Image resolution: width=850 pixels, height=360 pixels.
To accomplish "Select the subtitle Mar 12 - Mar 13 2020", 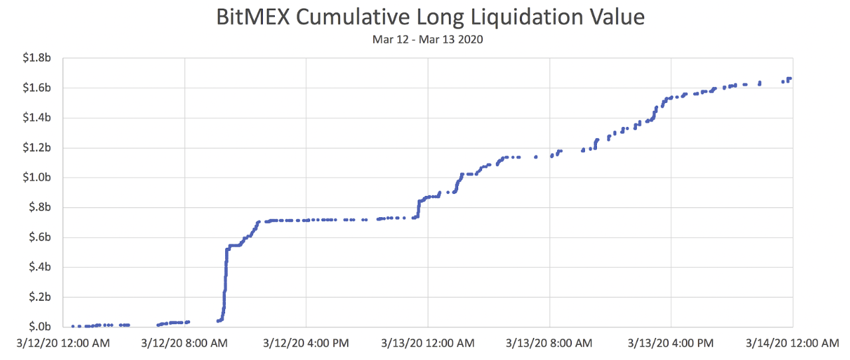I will (x=428, y=40).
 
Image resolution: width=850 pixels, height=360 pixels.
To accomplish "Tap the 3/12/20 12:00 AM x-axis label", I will (x=63, y=343).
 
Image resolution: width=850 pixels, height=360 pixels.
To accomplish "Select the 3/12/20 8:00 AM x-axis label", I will (x=185, y=343).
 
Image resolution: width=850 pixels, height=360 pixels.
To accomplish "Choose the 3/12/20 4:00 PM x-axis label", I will (x=306, y=343).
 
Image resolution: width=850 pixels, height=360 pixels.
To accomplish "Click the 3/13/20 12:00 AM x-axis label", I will (x=428, y=343).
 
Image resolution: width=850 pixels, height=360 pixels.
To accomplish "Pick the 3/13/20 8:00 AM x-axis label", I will (x=549, y=343).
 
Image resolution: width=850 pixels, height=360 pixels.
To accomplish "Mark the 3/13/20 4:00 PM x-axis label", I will (x=671, y=343).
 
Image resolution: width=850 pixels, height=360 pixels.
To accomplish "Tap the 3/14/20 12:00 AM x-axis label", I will (x=792, y=343).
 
